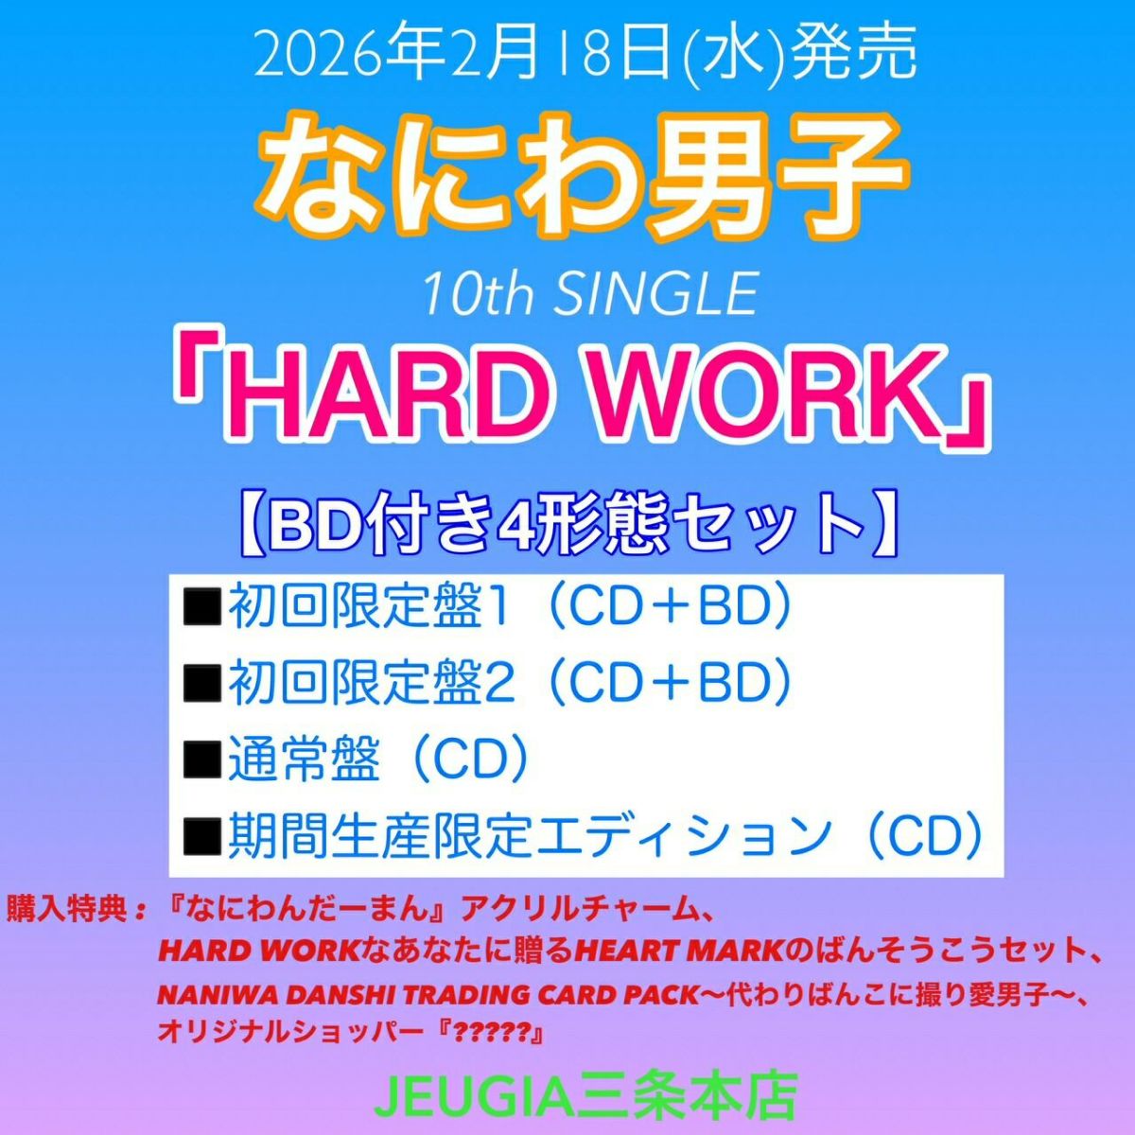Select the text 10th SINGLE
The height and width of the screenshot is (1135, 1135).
[590, 296]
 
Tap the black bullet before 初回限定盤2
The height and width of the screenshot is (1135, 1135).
[202, 684]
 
